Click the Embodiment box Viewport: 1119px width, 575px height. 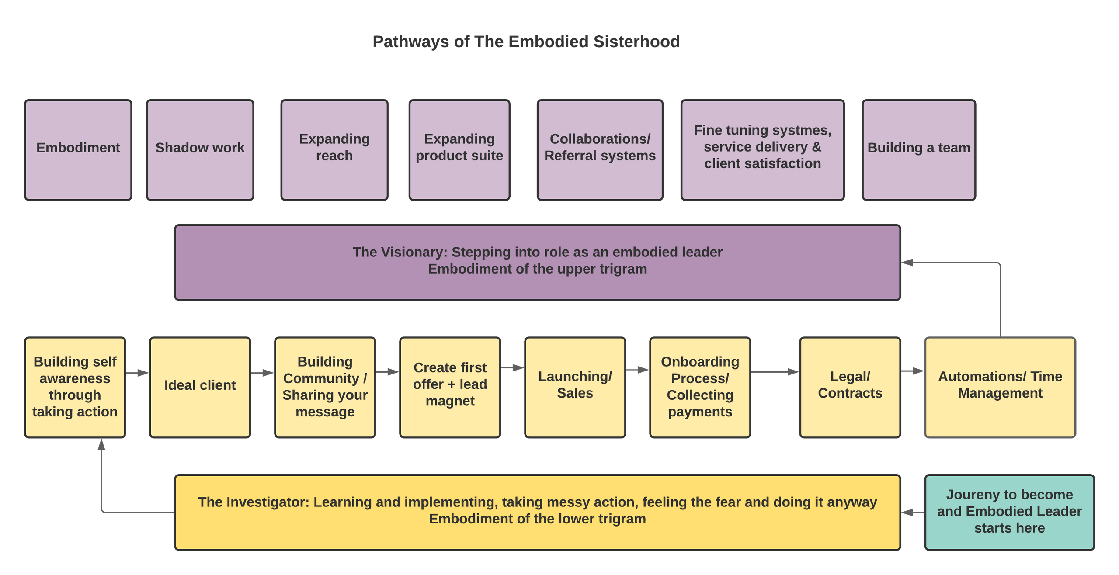point(78,150)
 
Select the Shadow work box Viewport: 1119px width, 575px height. point(200,150)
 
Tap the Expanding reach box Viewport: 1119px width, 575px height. point(334,150)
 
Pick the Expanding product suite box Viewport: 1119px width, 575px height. point(459,150)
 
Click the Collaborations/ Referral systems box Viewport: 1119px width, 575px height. point(600,150)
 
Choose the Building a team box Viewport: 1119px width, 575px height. point(919,150)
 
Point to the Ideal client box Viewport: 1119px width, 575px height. point(200,387)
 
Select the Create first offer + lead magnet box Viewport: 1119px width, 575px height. point(450,387)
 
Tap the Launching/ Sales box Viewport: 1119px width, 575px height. point(575,387)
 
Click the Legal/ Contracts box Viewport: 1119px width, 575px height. point(850,387)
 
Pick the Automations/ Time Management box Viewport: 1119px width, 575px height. point(1000,387)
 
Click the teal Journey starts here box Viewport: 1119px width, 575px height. point(1009,512)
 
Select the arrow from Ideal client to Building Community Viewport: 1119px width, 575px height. point(263,373)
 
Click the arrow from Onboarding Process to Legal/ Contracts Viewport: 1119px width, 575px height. point(775,372)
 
